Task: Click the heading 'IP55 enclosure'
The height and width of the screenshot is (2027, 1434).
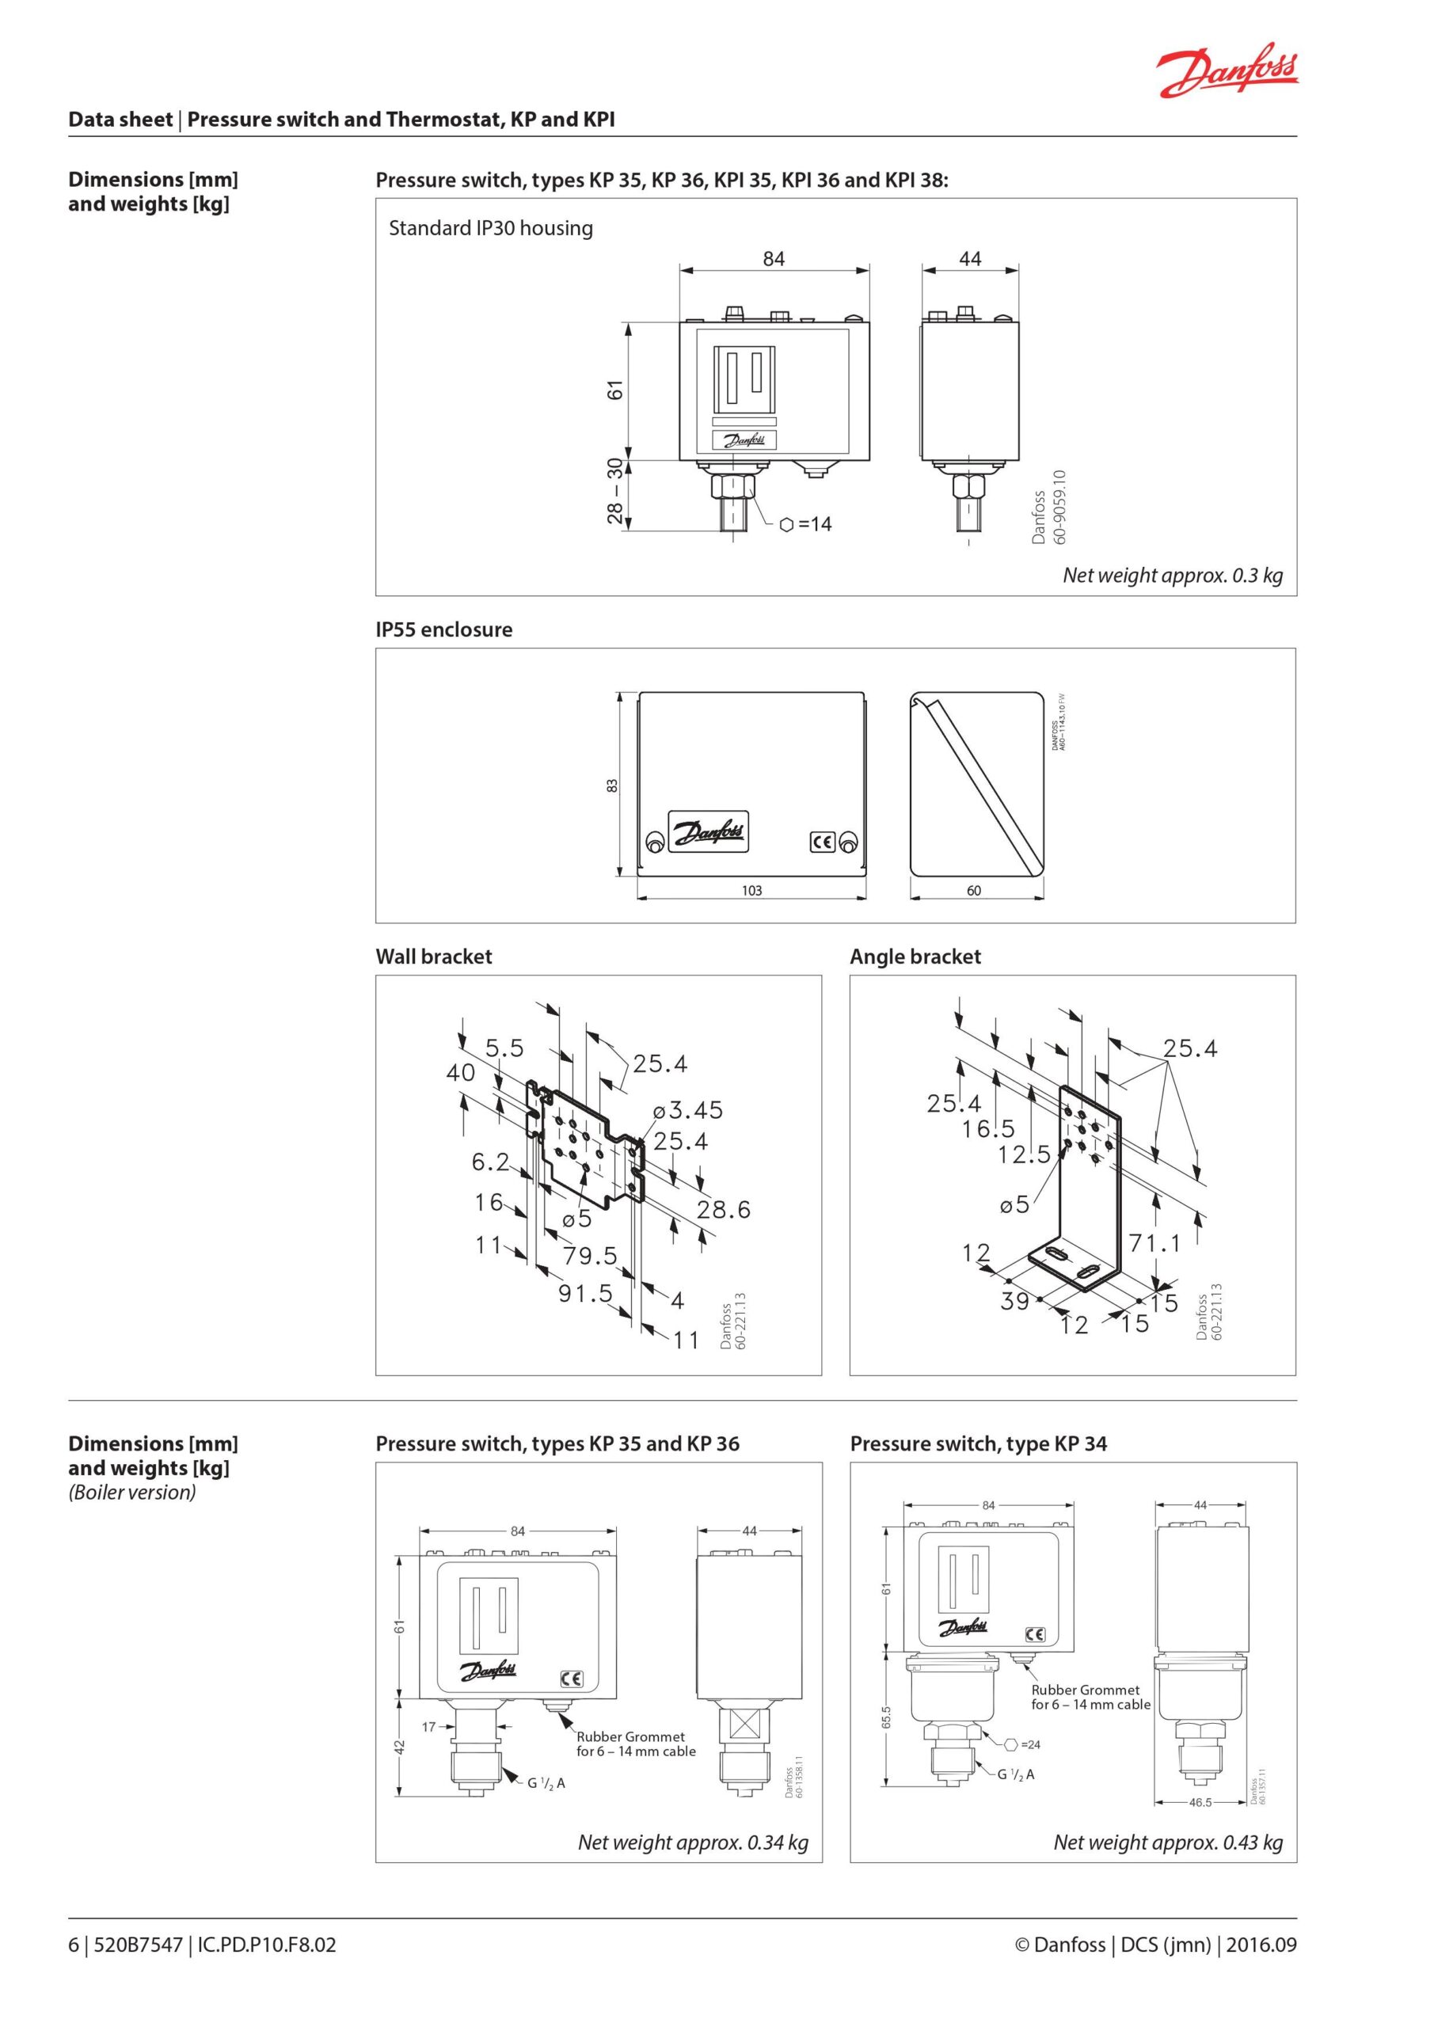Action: (443, 629)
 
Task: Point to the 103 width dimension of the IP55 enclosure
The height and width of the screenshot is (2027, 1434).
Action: (751, 891)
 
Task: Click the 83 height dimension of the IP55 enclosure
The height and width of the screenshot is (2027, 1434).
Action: (612, 785)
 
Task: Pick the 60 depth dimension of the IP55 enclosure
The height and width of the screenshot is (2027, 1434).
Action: (973, 891)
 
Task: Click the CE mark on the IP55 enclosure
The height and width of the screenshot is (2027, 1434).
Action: (822, 842)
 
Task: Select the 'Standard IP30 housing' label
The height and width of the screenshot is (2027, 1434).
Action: (490, 228)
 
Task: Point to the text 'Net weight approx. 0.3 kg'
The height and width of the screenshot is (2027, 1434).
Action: (1173, 575)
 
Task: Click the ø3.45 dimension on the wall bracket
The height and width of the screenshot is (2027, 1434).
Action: (688, 1110)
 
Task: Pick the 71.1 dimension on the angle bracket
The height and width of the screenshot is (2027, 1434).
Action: (1155, 1243)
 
